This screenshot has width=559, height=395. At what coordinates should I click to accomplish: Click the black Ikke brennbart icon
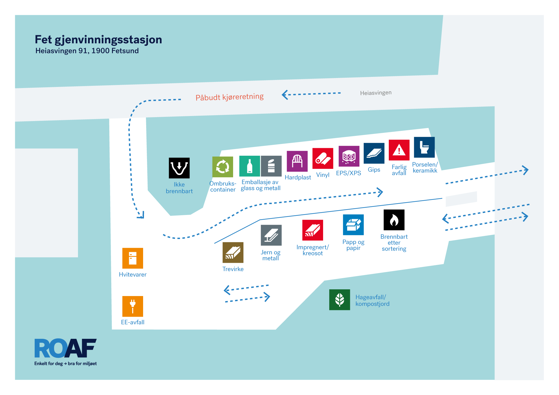point(179,168)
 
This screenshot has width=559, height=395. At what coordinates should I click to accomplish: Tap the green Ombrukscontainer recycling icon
point(222,167)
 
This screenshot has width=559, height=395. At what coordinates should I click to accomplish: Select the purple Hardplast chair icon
point(297,161)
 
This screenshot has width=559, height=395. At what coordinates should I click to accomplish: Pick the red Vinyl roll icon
point(323,159)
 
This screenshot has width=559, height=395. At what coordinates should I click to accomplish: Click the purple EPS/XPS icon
point(349,156)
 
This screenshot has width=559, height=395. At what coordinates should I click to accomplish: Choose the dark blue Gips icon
point(374,153)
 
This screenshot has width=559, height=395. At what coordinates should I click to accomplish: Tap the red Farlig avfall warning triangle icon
point(399,150)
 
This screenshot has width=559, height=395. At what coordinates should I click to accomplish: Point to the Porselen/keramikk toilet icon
point(424,147)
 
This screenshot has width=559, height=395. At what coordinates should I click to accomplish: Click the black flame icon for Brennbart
point(394,220)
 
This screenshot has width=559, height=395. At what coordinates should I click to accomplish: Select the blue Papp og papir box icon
point(353,225)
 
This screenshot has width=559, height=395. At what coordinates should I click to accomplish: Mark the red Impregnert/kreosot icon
point(312,230)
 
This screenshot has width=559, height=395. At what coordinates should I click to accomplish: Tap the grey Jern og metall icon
point(271,235)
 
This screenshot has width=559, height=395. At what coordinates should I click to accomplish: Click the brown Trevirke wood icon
point(233,252)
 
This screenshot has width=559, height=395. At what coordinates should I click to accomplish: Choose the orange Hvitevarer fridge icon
point(133,258)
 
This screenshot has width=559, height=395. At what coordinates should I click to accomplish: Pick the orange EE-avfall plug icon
point(133,306)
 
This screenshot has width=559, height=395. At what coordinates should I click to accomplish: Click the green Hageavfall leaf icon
point(340,300)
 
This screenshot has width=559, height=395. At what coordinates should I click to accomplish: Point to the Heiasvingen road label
point(376,93)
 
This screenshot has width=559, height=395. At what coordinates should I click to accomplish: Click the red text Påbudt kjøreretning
point(229,97)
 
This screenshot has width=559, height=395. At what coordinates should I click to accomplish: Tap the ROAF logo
point(65,348)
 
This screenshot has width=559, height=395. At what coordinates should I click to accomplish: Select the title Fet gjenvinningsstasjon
point(98,40)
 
